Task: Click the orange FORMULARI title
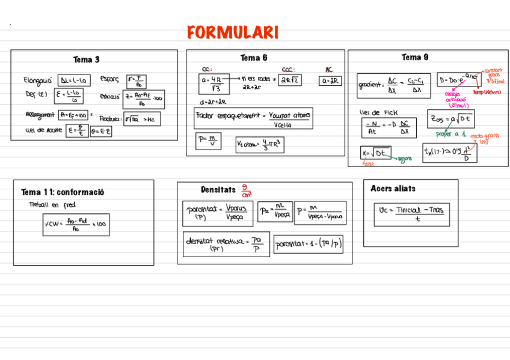[x=233, y=32]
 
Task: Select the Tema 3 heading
[x=87, y=59]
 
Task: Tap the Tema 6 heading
[x=254, y=58]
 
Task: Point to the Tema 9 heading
[x=415, y=57]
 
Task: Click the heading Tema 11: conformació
[x=63, y=192]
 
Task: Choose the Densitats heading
[x=218, y=190]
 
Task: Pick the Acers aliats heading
[x=393, y=189]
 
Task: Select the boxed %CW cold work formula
[x=76, y=225]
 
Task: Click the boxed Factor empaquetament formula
[x=253, y=118]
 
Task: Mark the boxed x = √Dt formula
[x=376, y=153]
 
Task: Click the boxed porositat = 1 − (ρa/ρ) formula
[x=309, y=244]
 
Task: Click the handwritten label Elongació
[x=38, y=80]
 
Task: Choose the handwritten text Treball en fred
[x=52, y=205]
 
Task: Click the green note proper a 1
[x=451, y=134]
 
